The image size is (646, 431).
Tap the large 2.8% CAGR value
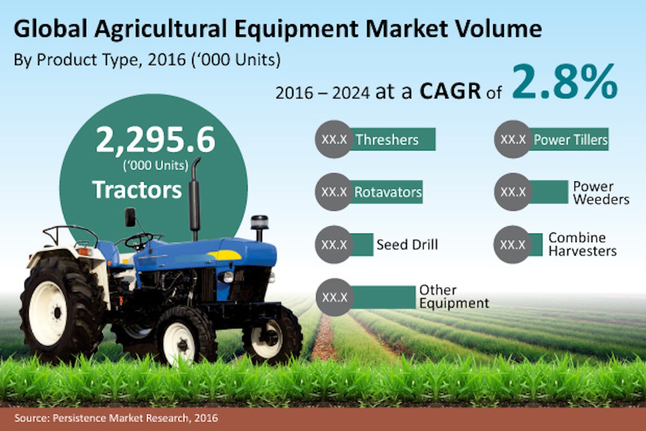(564, 82)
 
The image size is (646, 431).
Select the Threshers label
(387, 140)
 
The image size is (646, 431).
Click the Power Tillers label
(571, 140)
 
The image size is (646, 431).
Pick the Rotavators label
(388, 192)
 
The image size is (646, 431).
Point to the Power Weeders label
(601, 193)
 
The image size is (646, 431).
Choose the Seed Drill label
(407, 245)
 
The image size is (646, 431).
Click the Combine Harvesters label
(582, 244)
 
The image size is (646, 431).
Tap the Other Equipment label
(454, 296)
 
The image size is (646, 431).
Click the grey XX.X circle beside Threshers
(334, 139)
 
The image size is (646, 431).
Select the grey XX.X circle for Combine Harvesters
(512, 244)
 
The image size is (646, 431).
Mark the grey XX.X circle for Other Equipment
(334, 297)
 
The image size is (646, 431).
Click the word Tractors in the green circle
(137, 190)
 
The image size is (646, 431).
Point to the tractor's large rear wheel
(62, 310)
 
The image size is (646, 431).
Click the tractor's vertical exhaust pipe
(195, 199)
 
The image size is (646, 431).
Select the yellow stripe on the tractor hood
(224, 255)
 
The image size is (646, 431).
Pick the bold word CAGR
(450, 91)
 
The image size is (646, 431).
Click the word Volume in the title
(495, 29)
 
